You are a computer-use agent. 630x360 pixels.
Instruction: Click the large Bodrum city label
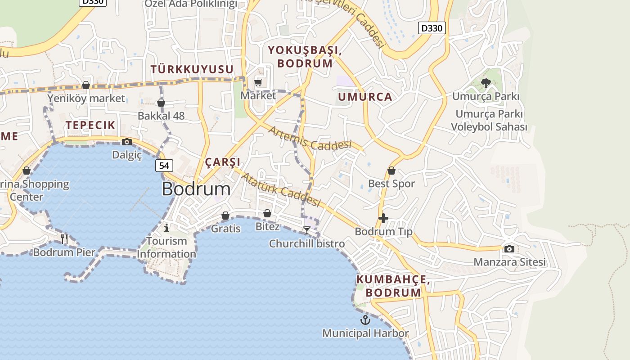click(x=196, y=189)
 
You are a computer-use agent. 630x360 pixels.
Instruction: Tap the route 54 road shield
click(x=164, y=166)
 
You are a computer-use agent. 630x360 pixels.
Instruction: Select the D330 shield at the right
click(x=432, y=28)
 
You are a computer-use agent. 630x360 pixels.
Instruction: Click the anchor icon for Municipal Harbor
click(x=365, y=320)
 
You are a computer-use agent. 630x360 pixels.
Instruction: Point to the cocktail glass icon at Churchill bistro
click(x=307, y=230)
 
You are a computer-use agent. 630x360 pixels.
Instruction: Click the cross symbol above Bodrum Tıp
click(x=383, y=219)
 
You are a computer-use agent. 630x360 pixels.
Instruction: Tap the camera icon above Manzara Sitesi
click(x=509, y=249)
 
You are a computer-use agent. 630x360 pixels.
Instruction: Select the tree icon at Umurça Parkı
click(x=486, y=83)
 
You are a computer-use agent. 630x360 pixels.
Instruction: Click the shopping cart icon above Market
click(x=258, y=82)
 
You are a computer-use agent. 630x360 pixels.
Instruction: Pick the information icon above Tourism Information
click(x=166, y=228)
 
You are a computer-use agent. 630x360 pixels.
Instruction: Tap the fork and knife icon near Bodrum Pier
click(x=64, y=239)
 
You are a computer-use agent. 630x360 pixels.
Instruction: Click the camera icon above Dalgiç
click(x=127, y=142)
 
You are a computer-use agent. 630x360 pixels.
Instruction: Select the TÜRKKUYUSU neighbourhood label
click(x=192, y=69)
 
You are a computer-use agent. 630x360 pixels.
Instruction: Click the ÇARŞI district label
click(x=222, y=162)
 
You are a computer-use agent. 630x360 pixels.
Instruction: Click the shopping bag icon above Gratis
click(x=225, y=216)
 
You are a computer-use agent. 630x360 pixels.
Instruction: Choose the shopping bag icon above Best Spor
click(x=391, y=171)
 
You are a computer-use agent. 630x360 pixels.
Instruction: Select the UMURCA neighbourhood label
click(x=365, y=97)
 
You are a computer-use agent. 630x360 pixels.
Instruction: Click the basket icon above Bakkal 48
click(x=161, y=103)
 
